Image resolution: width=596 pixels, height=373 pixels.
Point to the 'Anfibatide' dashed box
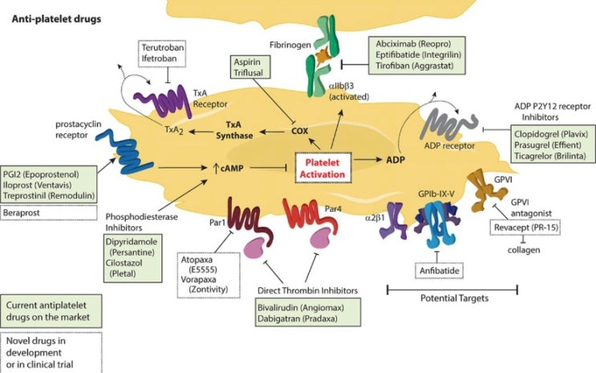(x=438, y=271)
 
